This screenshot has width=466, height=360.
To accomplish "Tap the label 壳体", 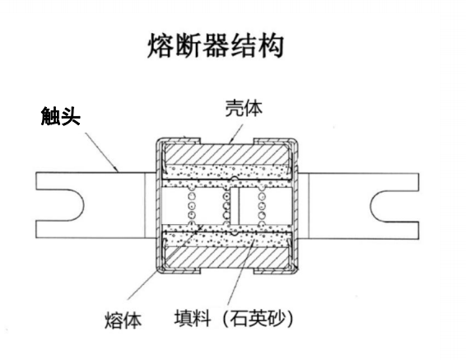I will [x=245, y=110].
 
